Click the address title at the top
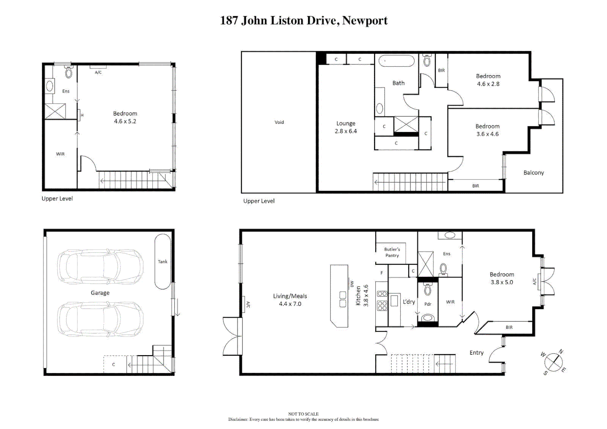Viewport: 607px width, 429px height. click(x=304, y=21)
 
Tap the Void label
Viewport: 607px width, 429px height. click(x=279, y=122)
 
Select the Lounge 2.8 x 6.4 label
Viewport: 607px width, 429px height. click(x=346, y=127)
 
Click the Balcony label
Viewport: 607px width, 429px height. click(x=533, y=173)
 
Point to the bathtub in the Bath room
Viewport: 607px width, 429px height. click(x=396, y=61)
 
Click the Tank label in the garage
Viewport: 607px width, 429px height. click(x=163, y=261)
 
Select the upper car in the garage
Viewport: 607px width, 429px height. click(x=100, y=267)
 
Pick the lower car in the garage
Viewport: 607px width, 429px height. click(x=100, y=319)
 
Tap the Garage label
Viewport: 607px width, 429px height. click(x=100, y=293)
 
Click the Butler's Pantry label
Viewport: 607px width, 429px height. click(x=392, y=252)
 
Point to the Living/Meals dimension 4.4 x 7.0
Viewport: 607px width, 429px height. click(x=290, y=304)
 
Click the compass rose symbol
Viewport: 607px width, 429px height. click(x=553, y=362)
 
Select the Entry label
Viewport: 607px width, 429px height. click(x=476, y=353)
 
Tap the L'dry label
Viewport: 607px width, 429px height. click(x=409, y=302)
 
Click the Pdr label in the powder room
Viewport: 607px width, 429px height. click(x=428, y=304)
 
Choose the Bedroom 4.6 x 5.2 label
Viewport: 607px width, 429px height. click(x=125, y=117)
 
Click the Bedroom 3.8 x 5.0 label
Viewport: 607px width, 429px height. click(x=502, y=278)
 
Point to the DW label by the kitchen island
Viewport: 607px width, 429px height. click(x=352, y=284)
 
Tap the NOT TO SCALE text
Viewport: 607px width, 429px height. click(x=303, y=414)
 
